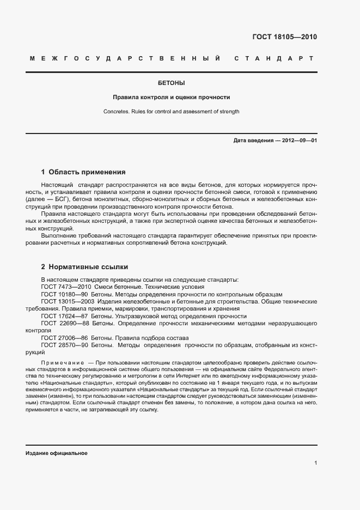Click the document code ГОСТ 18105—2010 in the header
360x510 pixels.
(x=284, y=37)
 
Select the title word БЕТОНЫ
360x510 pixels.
(x=171, y=83)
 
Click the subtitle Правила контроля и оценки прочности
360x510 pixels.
(x=171, y=98)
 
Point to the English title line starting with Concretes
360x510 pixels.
(x=171, y=112)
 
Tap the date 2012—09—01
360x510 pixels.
(x=298, y=141)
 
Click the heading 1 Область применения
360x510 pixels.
(x=83, y=172)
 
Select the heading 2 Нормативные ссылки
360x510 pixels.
(x=84, y=268)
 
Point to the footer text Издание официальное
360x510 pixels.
(x=56, y=453)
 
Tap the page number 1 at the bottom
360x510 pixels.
(x=315, y=463)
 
